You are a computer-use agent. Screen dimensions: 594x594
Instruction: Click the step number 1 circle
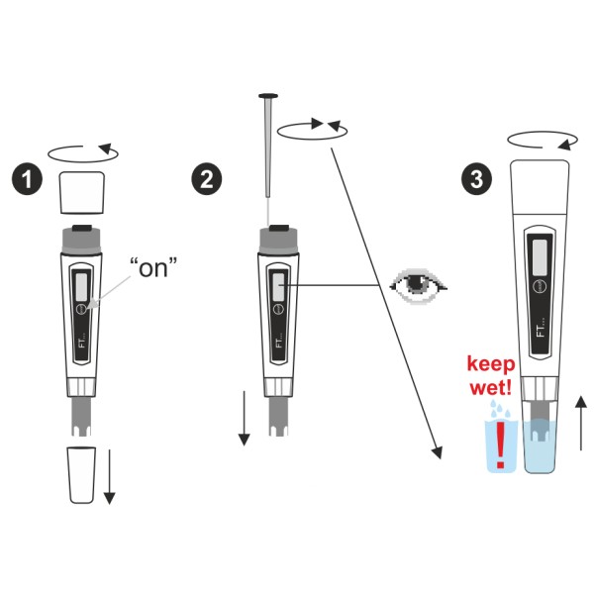(27, 179)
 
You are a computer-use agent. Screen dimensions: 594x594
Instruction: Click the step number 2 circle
(207, 179)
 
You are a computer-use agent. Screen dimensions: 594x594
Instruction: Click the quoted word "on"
(153, 267)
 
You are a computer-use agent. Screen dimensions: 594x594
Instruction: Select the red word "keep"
(491, 364)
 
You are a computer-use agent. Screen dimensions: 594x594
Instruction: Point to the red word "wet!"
(491, 387)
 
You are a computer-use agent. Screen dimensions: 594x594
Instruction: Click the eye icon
(418, 286)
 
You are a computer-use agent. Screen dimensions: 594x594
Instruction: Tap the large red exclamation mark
(501, 445)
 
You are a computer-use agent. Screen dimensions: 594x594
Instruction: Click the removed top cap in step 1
(82, 192)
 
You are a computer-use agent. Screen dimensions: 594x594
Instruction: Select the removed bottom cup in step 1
(81, 475)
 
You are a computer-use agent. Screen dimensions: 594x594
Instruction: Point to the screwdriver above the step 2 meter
(268, 146)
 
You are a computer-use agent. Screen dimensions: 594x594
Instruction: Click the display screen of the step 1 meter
(81, 287)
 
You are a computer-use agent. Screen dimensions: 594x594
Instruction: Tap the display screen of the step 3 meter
(540, 258)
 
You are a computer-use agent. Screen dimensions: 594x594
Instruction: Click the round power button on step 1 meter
(81, 309)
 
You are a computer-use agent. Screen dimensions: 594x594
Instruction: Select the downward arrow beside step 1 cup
(110, 477)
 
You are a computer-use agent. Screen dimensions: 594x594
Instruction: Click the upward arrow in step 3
(581, 423)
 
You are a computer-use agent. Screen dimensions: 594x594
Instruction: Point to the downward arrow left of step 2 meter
(244, 418)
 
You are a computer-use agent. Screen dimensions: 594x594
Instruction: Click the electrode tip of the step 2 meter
(278, 417)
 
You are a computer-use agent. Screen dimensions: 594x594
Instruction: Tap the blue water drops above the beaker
(498, 408)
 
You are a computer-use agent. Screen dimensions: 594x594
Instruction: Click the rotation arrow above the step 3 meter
(543, 141)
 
